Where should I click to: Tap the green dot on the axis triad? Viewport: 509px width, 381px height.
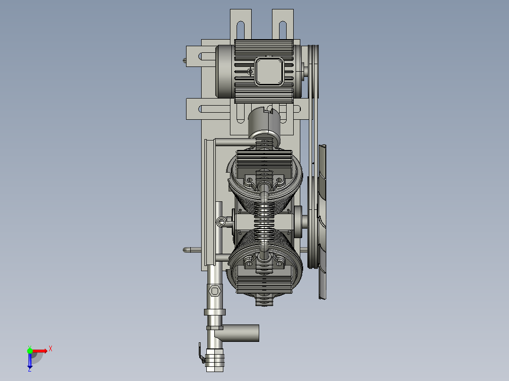pos(30,350)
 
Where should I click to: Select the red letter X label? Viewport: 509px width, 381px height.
pos(50,349)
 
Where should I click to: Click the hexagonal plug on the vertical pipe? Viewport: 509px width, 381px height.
pos(214,291)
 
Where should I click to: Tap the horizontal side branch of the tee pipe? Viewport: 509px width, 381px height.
pos(244,333)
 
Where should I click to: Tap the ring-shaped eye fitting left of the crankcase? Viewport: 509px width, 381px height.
pos(221,222)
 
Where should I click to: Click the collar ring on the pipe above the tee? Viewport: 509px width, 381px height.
pos(215,312)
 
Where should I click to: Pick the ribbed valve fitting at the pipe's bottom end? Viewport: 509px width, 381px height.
pos(215,361)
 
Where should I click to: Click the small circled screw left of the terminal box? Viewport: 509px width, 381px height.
pos(250,71)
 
